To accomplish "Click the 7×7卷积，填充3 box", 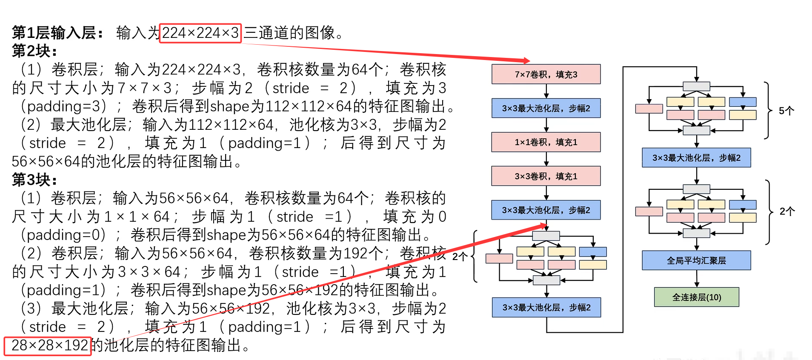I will [x=546, y=74].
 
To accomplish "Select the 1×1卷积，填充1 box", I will [x=546, y=142].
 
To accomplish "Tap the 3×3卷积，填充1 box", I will [x=546, y=176].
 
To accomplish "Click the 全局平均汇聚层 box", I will [x=696, y=260].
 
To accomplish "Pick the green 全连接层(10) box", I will [x=696, y=297].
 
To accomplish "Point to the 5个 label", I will [x=786, y=111].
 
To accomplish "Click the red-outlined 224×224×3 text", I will [x=200, y=33].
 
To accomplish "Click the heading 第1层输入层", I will [x=57, y=33].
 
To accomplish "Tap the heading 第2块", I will [x=34, y=51].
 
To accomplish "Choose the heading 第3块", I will [x=34, y=180].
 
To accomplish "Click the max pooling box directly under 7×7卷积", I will [x=546, y=108].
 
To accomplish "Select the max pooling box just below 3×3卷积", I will [x=546, y=210].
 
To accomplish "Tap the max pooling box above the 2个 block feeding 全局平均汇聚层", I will [x=696, y=158].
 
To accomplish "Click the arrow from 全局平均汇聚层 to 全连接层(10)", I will [x=697, y=279].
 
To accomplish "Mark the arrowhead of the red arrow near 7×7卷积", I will [x=527, y=60].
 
